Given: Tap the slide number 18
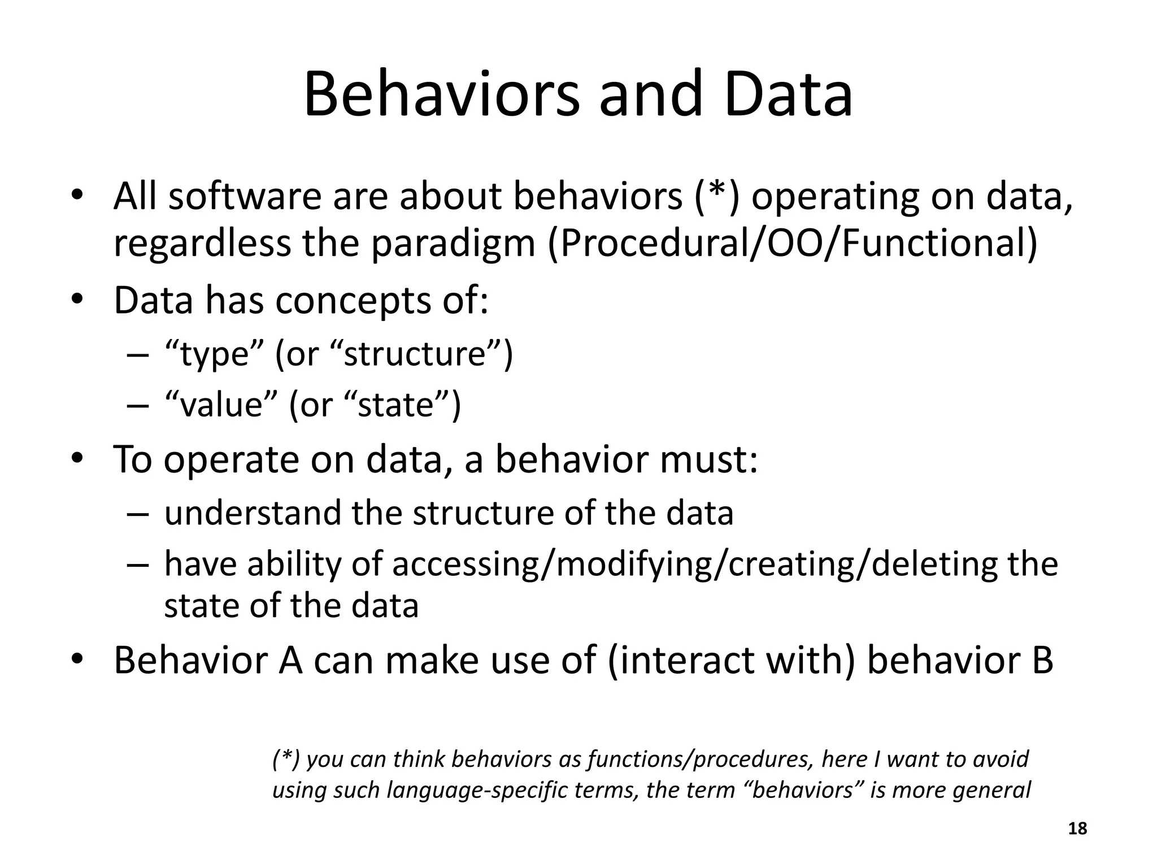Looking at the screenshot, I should coord(1078,828).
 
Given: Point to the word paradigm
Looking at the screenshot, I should coord(452,244).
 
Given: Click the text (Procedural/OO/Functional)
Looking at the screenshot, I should coord(793,244).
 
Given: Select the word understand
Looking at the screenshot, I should coord(253,513).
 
